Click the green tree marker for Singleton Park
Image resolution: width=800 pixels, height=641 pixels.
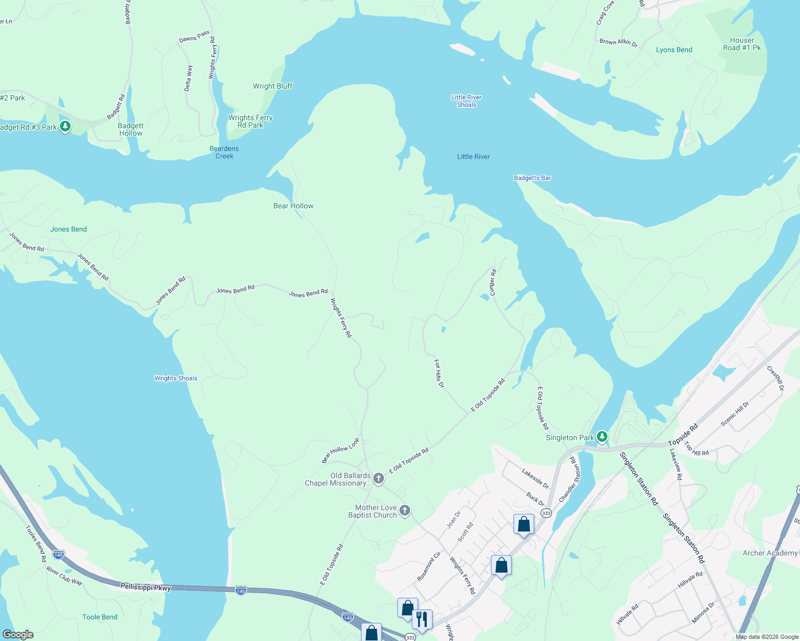602,437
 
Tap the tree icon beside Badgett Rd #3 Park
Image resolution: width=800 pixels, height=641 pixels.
65,127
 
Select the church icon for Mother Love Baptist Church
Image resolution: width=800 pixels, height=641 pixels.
405,511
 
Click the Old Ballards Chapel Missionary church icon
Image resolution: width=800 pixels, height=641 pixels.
379,478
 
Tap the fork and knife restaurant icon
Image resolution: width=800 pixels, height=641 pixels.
422,620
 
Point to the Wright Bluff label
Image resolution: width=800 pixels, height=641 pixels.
273,86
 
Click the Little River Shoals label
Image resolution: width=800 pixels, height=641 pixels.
466,101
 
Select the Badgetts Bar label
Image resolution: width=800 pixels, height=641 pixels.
532,178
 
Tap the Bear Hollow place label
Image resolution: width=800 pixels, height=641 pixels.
294,206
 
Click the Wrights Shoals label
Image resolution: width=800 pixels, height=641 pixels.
176,378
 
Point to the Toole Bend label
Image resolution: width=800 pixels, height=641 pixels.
100,617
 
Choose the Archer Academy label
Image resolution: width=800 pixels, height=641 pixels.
770,553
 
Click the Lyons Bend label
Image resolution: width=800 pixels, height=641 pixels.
674,50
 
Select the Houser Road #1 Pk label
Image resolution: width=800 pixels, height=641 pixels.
742,44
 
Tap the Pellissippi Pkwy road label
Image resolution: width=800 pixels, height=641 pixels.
145,587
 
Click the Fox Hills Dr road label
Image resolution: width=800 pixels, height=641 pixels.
439,373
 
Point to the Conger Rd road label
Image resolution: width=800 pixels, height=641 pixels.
493,282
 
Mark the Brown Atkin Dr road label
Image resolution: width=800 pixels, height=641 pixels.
619,42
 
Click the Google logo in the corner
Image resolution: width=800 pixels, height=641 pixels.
18,635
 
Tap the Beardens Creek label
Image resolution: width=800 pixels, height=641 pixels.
224,152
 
